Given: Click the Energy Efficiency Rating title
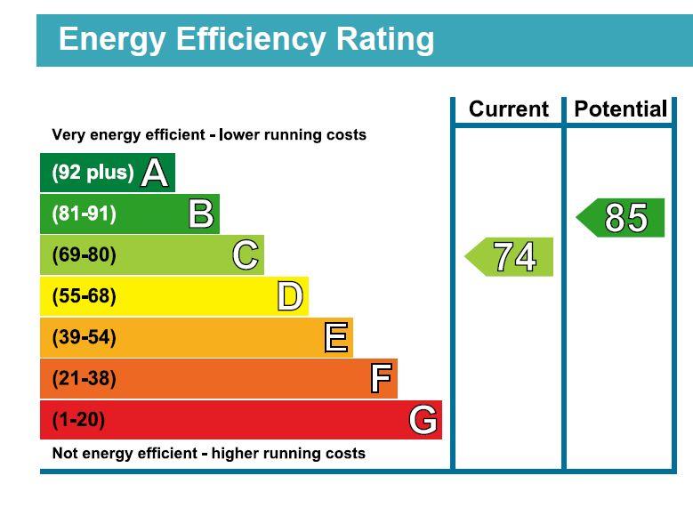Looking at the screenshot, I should [246, 39].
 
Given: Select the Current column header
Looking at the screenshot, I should [508, 109].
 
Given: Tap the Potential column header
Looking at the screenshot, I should [620, 109].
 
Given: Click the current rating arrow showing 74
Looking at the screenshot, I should [511, 257].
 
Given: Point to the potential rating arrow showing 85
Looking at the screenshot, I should [622, 218].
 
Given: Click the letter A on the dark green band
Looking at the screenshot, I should [154, 173].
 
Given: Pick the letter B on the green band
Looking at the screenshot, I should [201, 214].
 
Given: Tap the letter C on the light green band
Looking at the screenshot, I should [246, 255].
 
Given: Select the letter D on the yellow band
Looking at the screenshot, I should [290, 296].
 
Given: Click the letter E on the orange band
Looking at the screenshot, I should [335, 338].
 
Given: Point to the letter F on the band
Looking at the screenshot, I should [381, 379].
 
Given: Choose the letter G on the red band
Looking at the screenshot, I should [423, 420].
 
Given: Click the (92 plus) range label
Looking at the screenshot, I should [93, 173].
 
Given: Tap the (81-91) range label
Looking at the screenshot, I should [84, 214].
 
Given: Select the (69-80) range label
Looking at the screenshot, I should [84, 255].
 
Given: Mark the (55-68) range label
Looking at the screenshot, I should [84, 296].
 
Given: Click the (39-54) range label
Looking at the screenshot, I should [84, 338].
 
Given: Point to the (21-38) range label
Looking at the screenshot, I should [84, 379].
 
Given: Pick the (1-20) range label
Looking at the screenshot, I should [78, 420].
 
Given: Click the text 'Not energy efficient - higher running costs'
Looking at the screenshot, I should [208, 454].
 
